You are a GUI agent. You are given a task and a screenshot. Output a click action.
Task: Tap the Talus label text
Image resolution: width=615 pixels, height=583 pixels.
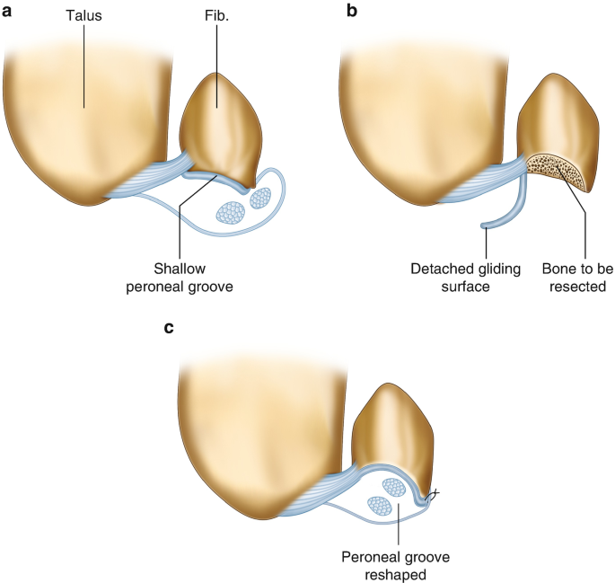pos(84,16)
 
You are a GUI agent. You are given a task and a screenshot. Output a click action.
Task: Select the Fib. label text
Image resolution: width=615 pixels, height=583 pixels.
pos(217,16)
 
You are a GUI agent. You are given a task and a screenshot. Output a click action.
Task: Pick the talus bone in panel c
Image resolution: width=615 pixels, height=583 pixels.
pos(260,431)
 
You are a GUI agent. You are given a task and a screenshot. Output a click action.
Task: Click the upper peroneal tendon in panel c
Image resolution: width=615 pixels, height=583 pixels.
pos(393,488)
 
